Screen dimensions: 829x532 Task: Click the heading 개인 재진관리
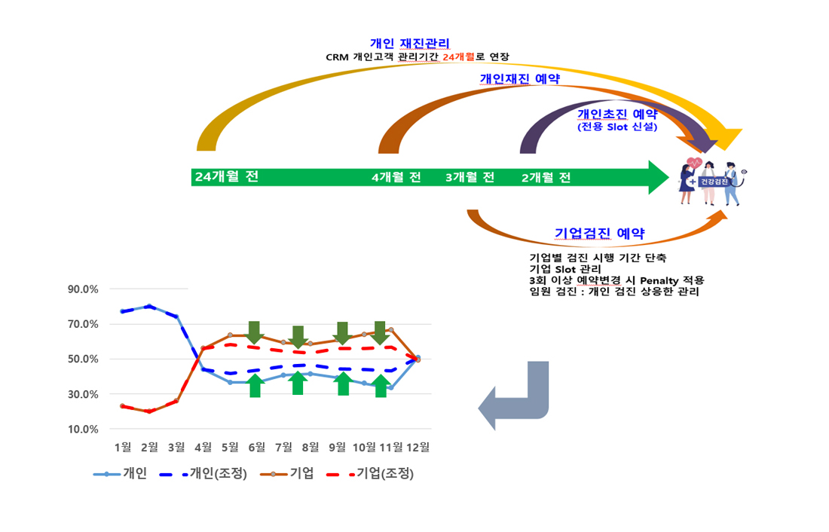coord(410,44)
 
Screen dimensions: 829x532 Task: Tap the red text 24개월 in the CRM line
coord(458,57)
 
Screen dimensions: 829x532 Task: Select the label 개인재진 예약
coord(520,79)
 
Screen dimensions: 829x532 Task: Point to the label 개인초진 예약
coord(617,115)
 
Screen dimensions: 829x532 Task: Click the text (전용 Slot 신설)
coord(617,127)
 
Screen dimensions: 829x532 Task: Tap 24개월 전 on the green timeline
coord(227,176)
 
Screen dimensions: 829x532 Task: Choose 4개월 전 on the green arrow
coord(396,177)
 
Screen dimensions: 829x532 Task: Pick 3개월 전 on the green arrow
coord(470,177)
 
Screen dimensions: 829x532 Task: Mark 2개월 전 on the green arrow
coord(546,178)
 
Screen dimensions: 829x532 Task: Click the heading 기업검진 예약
coord(600,233)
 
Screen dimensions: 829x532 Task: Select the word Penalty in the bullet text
coord(659,280)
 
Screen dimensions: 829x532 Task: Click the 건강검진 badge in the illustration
coord(714,182)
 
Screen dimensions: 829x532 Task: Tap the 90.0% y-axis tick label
coord(83,289)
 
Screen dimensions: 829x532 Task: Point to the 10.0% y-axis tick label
coord(83,430)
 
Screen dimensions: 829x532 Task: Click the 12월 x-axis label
coord(418,448)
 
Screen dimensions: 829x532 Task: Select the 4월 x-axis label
coord(203,448)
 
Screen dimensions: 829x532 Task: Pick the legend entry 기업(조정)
coord(371,473)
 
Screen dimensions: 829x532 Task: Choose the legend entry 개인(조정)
coord(203,473)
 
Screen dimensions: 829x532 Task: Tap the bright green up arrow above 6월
coord(255,385)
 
